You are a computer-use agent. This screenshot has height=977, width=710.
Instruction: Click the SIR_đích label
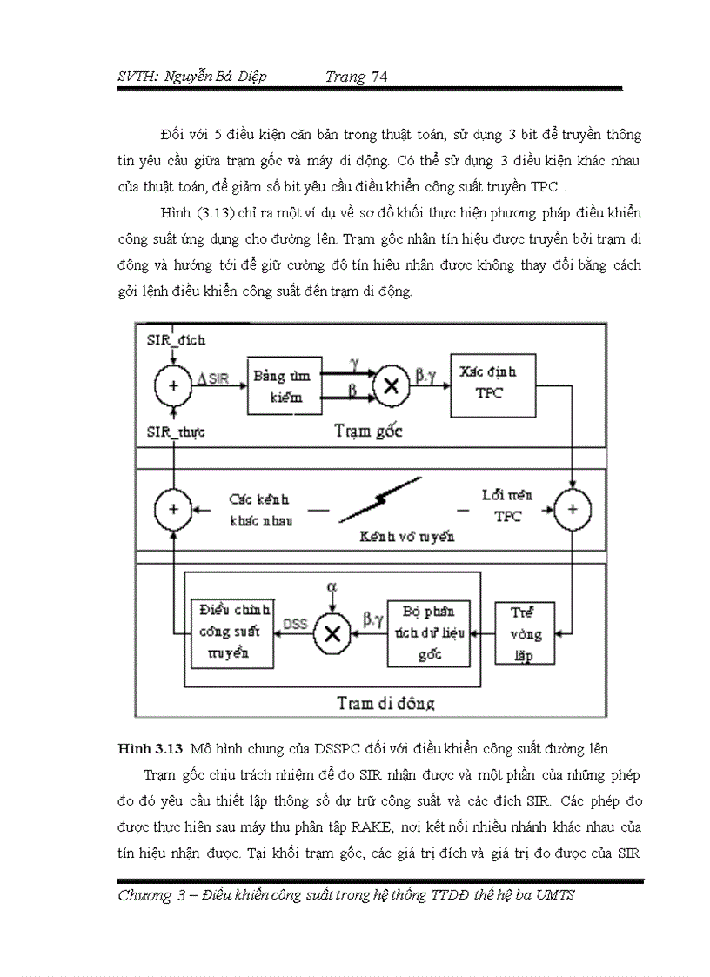point(175,340)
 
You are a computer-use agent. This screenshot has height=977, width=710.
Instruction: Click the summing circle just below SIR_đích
point(172,385)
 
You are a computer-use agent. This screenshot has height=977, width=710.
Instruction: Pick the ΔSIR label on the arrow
point(218,376)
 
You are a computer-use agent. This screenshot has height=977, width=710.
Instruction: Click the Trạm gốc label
point(369,432)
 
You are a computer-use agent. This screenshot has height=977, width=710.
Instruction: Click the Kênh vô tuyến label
point(407,537)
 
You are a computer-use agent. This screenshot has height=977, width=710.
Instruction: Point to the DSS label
point(293,623)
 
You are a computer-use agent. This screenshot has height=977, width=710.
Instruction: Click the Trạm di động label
point(385,702)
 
